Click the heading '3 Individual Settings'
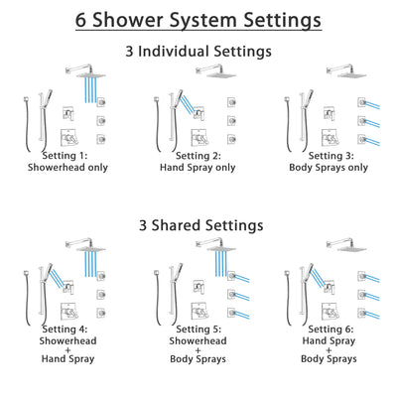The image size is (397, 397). pos(198,50)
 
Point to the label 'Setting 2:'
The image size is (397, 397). pos(198,156)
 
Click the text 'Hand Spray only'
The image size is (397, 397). pos(198,168)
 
